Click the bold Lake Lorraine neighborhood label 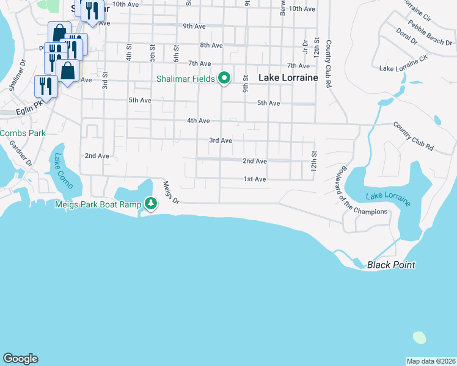coord(288,78)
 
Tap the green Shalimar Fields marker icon coord(224,78)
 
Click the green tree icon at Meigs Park coord(150,204)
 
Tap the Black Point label coord(391,265)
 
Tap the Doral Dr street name coord(406,36)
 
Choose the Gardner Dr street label coord(20,153)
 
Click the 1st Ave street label coord(255,179)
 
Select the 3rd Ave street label coord(221,140)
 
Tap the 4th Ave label coord(199,121)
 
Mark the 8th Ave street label coord(211,45)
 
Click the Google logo coord(21,359)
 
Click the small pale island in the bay coord(419,337)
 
